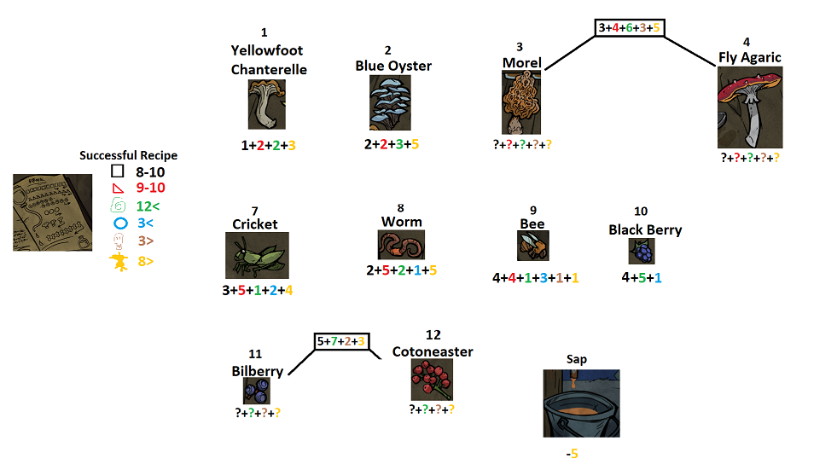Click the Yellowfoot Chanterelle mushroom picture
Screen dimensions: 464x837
click(267, 104)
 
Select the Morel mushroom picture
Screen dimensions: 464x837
click(521, 102)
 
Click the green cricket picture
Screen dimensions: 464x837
click(256, 255)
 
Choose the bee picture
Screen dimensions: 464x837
click(532, 246)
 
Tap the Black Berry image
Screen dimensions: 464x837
click(642, 252)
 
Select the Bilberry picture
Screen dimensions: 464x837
click(256, 391)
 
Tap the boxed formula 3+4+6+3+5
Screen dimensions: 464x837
click(630, 27)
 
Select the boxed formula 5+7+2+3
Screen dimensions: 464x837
click(341, 341)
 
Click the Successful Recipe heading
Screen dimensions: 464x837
click(128, 155)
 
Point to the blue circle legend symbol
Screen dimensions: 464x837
click(119, 223)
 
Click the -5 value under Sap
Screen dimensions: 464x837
click(572, 453)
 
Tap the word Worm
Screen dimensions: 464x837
click(401, 222)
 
